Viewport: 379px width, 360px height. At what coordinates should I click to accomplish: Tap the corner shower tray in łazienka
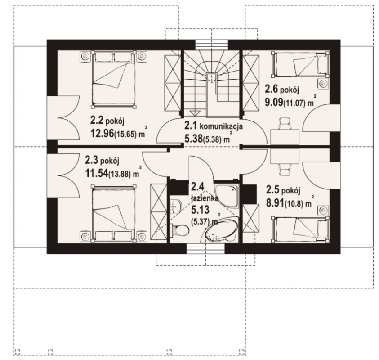(x=227, y=195)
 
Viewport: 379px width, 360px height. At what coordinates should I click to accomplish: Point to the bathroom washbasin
(x=175, y=206)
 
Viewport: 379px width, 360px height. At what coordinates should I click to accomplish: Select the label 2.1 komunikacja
(x=214, y=126)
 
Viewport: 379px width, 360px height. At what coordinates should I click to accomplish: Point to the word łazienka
(x=205, y=198)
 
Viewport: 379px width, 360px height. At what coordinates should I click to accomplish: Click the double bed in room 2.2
(x=113, y=79)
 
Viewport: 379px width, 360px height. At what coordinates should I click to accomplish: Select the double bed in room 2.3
(x=113, y=214)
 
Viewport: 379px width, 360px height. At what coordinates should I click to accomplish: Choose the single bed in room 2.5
(x=300, y=229)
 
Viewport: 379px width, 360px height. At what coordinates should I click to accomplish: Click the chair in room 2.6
(x=284, y=123)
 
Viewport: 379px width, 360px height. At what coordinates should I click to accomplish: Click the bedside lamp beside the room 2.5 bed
(x=323, y=210)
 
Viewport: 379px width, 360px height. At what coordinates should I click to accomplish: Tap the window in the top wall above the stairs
(x=211, y=45)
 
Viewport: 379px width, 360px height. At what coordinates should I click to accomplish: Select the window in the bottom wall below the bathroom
(x=206, y=249)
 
